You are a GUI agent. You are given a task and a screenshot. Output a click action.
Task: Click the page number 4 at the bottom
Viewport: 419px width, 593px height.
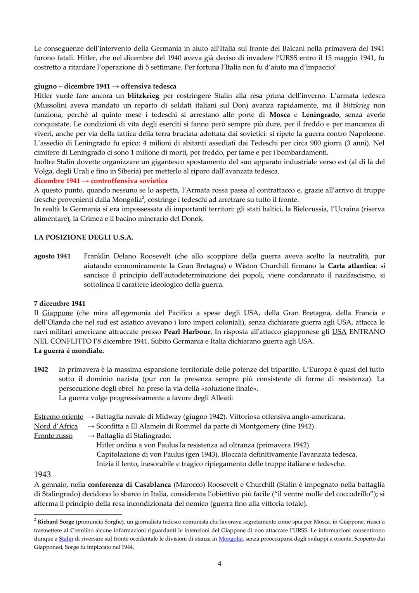[219, 563]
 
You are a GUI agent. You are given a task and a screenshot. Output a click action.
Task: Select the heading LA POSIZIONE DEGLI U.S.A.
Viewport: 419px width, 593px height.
[83, 238]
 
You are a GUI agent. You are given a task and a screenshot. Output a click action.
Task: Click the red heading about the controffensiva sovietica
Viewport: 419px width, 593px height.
[100, 181]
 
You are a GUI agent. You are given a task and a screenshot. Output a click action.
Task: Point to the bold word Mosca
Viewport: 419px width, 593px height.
[280, 114]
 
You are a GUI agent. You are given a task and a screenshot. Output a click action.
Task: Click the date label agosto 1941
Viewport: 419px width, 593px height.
[52, 256]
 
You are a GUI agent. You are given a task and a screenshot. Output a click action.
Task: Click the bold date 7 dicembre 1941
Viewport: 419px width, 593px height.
[59, 303]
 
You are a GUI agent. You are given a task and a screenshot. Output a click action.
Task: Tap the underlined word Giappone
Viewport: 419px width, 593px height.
[57, 313]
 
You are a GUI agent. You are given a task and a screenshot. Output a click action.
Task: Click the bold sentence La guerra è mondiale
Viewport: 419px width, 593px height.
[69, 351]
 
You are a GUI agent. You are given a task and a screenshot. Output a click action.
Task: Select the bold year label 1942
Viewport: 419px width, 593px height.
[41, 369]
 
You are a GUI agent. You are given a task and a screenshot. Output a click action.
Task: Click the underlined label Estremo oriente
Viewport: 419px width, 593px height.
[59, 417]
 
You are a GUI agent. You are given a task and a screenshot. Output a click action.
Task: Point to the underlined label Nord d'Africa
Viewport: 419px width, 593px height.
[56, 426]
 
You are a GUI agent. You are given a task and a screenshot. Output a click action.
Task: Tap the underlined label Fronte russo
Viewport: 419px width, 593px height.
[53, 436]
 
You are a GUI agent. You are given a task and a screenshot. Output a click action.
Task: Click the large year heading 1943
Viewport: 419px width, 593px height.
[42, 474]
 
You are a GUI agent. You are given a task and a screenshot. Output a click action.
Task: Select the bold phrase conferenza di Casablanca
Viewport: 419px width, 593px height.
[129, 485]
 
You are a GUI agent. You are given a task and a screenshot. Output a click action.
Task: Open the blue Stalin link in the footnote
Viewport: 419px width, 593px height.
[66, 539]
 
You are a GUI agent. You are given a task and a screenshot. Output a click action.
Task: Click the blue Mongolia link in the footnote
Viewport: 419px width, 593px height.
[230, 539]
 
